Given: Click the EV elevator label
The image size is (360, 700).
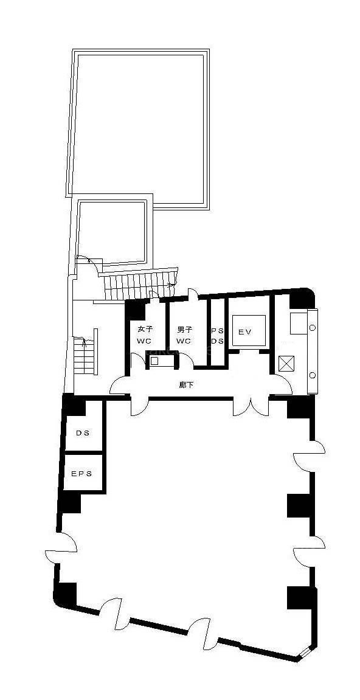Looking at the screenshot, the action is [x=245, y=331].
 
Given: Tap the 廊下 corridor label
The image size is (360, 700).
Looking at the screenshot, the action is [x=186, y=384].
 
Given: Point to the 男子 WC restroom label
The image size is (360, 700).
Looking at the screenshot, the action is [x=184, y=335].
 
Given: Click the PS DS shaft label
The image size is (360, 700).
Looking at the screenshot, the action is [x=217, y=336].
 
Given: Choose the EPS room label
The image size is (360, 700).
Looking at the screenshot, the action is [x=81, y=474].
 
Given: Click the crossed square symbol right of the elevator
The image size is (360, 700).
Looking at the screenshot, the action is [x=284, y=364].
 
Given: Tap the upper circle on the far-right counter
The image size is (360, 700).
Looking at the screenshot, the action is [x=312, y=328].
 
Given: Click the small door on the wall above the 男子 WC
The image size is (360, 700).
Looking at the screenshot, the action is [x=193, y=295].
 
